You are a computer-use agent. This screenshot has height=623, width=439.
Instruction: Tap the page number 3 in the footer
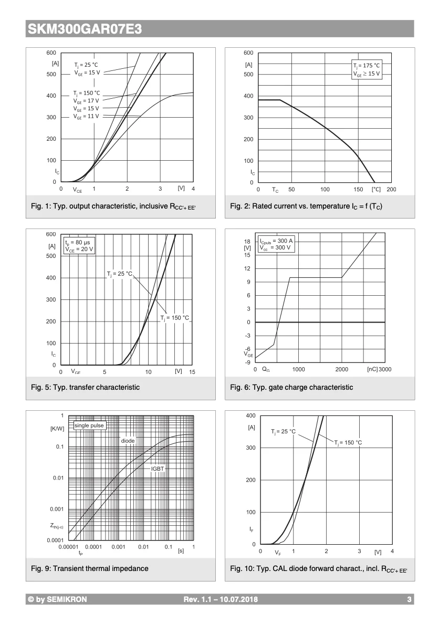[409, 599]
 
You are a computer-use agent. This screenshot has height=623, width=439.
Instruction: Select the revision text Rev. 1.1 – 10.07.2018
[221, 599]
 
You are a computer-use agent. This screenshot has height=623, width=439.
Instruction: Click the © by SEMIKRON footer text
[57, 599]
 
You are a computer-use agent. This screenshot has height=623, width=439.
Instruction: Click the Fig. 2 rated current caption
[306, 206]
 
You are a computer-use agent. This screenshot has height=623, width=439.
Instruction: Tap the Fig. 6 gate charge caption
[291, 388]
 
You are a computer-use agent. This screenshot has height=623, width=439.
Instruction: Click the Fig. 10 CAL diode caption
[318, 569]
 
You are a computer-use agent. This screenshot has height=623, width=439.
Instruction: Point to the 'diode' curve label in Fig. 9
[128, 441]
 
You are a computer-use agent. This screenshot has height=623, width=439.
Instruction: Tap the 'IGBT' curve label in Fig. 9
[158, 468]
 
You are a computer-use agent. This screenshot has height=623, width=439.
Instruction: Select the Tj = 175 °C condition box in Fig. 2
[366, 70]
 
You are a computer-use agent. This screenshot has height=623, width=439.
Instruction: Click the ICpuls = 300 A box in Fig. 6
[276, 244]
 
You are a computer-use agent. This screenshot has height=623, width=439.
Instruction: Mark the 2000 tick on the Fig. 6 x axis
[341, 369]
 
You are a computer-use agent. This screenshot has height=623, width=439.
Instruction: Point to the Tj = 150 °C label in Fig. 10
[348, 443]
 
